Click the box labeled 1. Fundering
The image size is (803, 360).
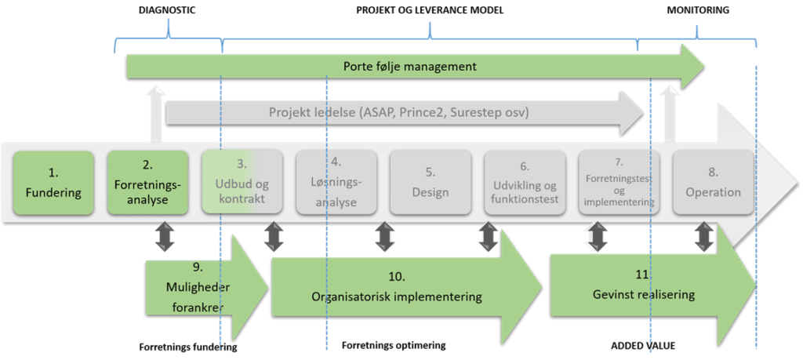coord(55,183)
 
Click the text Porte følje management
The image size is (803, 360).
coord(409,66)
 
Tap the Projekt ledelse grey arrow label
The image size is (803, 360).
coord(398,112)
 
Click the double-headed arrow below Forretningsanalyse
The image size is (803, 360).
coord(165,237)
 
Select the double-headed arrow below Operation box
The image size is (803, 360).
coord(704,237)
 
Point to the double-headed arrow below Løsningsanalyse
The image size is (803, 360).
coord(383,237)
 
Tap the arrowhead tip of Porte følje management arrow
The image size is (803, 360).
coord(703,66)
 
